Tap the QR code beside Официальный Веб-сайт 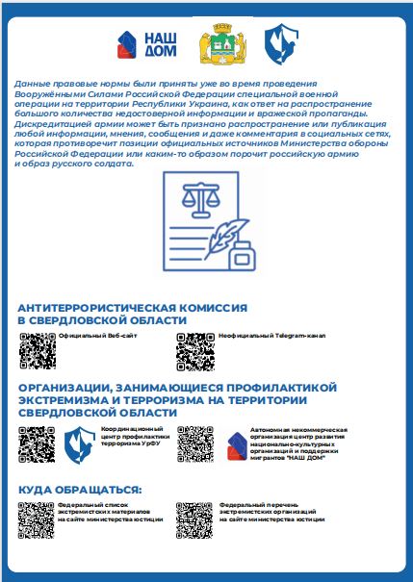click(38, 350)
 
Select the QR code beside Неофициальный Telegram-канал click(195, 350)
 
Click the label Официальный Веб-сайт click(90, 336)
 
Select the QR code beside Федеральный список click(38, 519)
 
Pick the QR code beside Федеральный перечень click(195, 519)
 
